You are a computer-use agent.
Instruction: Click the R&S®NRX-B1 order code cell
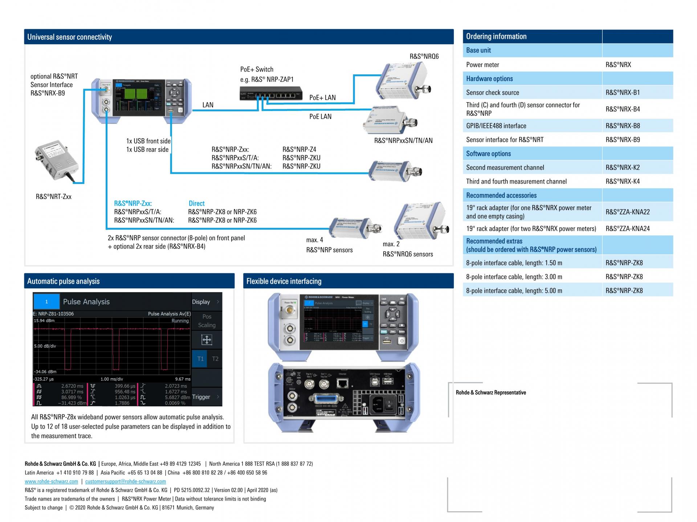coord(623,93)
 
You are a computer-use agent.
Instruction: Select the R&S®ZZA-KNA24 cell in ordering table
coord(628,229)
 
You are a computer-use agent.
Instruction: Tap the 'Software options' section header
coord(488,153)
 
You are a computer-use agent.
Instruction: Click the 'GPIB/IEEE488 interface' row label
coord(496,126)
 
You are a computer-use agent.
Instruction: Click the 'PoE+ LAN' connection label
coord(322,98)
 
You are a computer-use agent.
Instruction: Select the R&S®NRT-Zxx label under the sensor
coord(53,197)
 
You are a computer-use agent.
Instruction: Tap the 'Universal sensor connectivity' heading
coord(69,37)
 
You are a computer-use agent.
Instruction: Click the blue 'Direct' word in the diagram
coord(196,204)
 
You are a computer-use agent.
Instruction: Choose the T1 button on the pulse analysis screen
coord(200,359)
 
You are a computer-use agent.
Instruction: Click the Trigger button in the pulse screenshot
coord(201,397)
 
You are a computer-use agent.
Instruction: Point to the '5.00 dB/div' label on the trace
coord(45,346)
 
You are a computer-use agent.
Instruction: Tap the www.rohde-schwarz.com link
coord(51,481)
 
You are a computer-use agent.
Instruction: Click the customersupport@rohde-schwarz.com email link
coord(126,481)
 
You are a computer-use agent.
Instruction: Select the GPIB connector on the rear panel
coord(327,399)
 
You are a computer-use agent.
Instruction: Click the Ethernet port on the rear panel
coord(343,383)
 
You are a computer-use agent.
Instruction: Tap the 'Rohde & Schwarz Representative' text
coord(491,392)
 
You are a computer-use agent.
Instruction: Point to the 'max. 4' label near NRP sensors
coord(314,240)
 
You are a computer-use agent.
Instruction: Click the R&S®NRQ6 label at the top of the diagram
coord(424,56)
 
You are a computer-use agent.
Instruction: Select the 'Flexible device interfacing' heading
coord(284,281)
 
